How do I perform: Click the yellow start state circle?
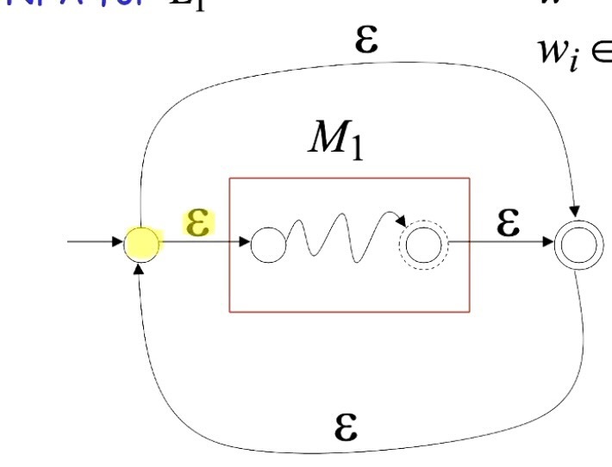[x=141, y=246]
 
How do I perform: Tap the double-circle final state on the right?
[x=574, y=246]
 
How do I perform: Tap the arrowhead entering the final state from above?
[x=573, y=212]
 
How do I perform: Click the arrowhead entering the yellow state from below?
[x=138, y=270]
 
